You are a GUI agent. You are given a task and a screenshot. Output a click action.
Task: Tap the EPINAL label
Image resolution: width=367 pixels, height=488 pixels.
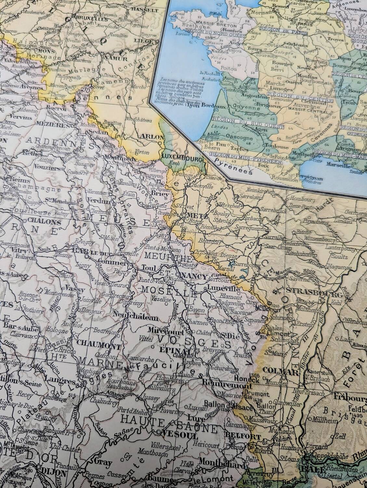[172, 351]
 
